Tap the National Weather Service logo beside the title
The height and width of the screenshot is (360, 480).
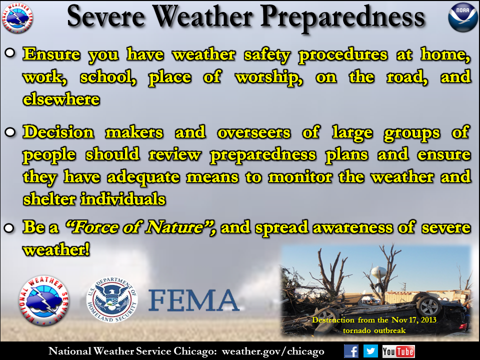pos(18,18)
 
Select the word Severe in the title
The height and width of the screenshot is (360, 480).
pos(106,17)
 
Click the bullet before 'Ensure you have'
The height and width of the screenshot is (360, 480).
pos(10,53)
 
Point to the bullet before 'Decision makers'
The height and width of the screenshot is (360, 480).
pos(10,132)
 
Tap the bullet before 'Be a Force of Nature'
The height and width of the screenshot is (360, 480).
pos(10,228)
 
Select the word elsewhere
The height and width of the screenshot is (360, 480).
pos(61,99)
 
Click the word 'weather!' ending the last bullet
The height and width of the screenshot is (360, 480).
pos(56,249)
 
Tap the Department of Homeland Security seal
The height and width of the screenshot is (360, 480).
pos(112,299)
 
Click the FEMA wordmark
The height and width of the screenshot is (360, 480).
pos(193,300)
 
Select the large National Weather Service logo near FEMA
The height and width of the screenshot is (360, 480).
pos(44,300)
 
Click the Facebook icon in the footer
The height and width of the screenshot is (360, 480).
pos(351,351)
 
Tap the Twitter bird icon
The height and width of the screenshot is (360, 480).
pos(370,351)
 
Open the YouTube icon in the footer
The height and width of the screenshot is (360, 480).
pos(398,351)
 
